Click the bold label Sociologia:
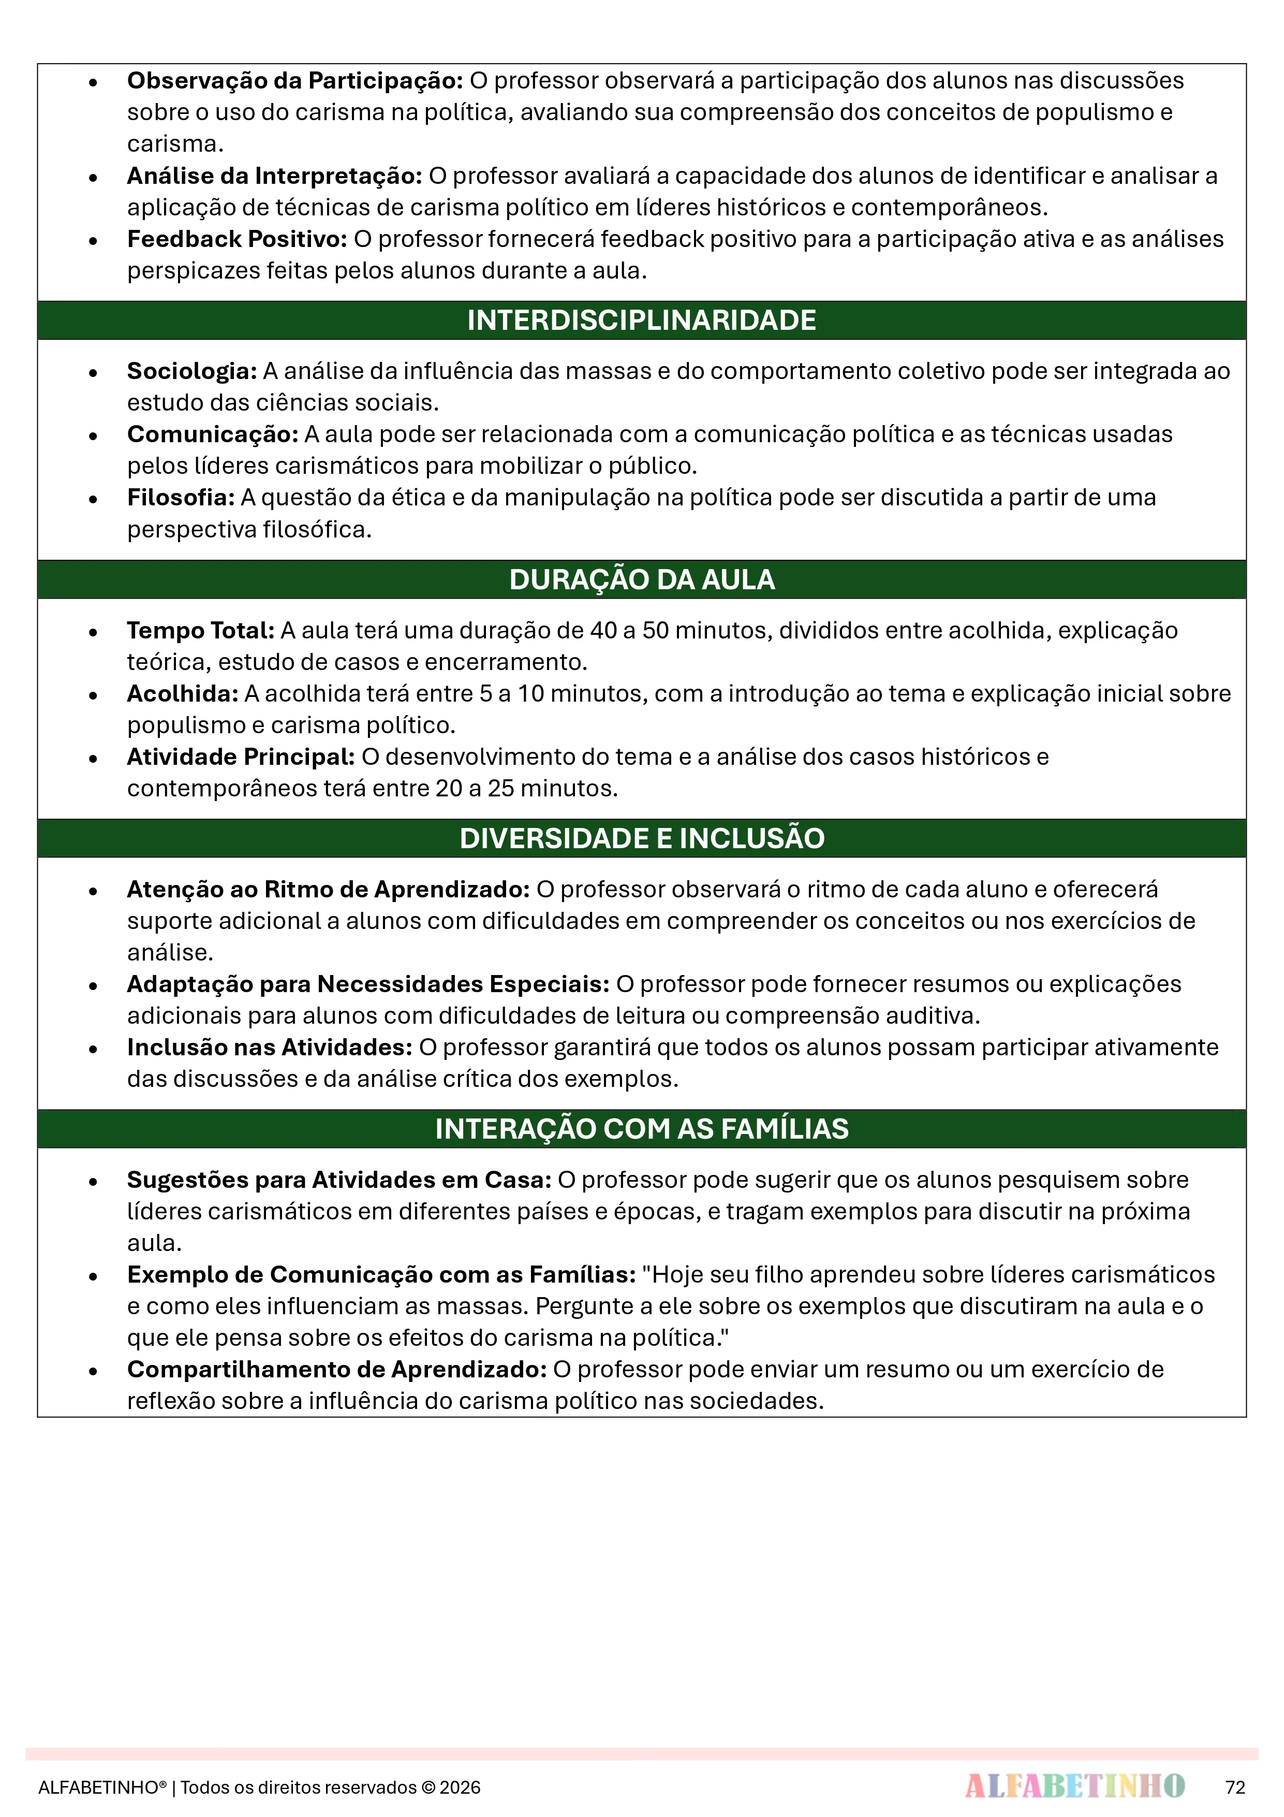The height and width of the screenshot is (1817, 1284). pyautogui.click(x=192, y=371)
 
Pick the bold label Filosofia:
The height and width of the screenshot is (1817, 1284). pyautogui.click(x=181, y=498)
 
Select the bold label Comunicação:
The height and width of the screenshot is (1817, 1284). pyautogui.click(x=213, y=434)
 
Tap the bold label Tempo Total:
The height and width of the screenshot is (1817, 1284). pyautogui.click(x=201, y=631)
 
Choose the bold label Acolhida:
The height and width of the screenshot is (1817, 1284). pyautogui.click(x=183, y=694)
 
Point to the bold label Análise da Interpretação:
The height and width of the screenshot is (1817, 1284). pyautogui.click(x=274, y=176)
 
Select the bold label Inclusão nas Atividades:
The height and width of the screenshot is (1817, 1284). pyautogui.click(x=270, y=1048)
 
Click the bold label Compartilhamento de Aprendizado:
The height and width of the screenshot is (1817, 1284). pyautogui.click(x=337, y=1370)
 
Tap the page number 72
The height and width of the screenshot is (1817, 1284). pyautogui.click(x=1235, y=1787)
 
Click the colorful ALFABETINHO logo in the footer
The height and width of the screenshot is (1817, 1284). pyautogui.click(x=1074, y=1786)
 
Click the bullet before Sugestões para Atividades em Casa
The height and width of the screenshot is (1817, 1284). pyautogui.click(x=93, y=1182)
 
